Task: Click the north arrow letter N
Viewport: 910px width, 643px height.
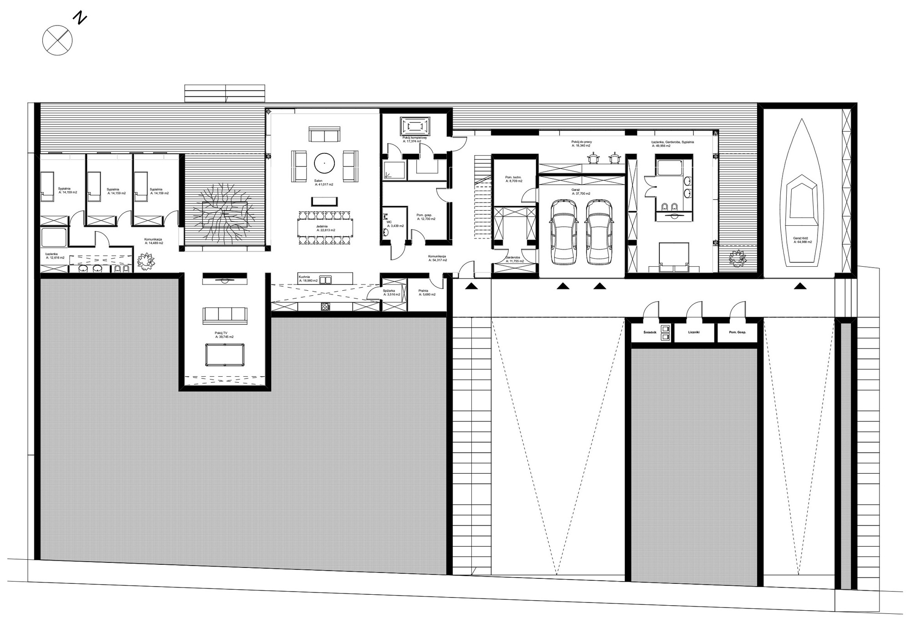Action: [81, 19]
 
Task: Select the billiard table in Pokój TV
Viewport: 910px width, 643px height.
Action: [224, 355]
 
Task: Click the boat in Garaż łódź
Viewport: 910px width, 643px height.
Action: [802, 196]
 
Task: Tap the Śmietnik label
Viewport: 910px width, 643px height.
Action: [649, 332]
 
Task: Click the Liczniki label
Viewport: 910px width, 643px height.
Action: [693, 332]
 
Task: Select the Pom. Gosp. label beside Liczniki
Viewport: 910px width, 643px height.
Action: [737, 332]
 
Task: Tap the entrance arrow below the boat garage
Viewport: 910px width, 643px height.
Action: [801, 286]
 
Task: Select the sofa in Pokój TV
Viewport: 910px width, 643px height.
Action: [224, 315]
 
